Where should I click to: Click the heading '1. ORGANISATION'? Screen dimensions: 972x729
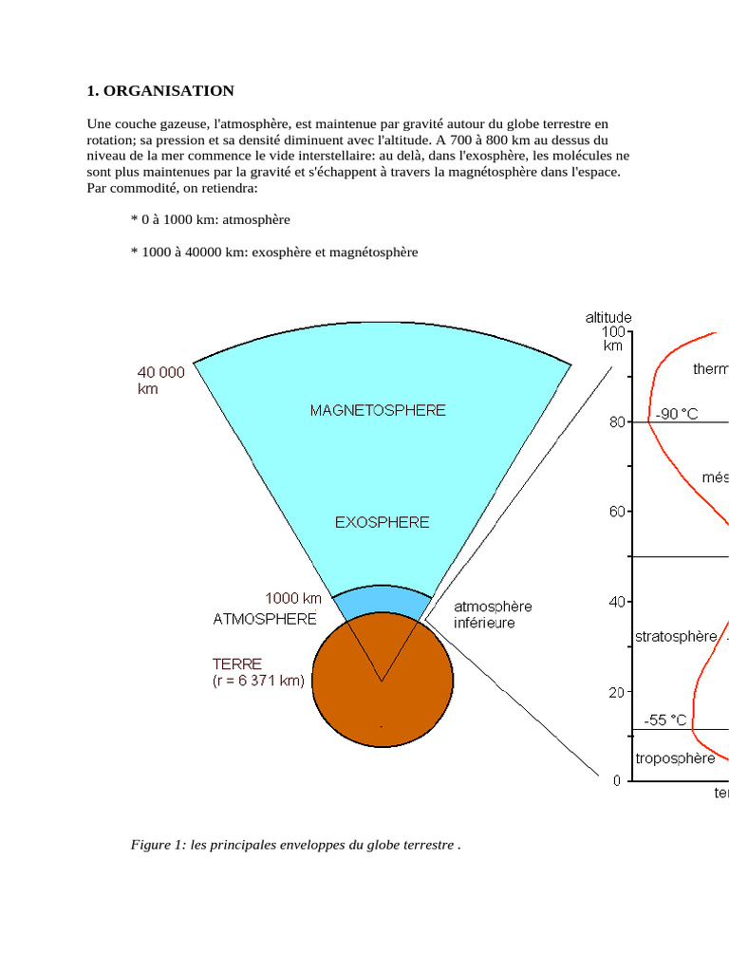(x=159, y=91)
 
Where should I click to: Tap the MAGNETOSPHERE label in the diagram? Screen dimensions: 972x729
(x=378, y=410)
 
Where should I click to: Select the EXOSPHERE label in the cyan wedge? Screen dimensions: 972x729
(x=382, y=522)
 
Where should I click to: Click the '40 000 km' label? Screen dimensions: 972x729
(x=161, y=381)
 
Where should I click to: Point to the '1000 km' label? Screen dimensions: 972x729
(x=293, y=598)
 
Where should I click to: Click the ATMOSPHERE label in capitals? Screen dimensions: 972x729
(x=265, y=619)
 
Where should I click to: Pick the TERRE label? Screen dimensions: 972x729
(x=237, y=664)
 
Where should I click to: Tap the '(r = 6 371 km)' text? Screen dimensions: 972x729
(x=259, y=681)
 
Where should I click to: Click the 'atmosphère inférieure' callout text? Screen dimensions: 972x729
(x=492, y=614)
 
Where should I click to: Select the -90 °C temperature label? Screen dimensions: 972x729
(x=677, y=414)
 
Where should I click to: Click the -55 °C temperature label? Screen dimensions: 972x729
(x=664, y=720)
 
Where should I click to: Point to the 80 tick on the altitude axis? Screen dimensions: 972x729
(x=616, y=421)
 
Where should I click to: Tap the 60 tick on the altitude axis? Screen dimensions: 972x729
(x=616, y=512)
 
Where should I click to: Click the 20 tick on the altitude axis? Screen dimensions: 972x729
(x=616, y=692)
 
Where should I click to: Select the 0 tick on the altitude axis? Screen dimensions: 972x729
(x=617, y=780)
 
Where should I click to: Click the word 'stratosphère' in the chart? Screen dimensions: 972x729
(x=675, y=636)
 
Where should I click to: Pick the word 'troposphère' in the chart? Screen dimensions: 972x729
(x=675, y=758)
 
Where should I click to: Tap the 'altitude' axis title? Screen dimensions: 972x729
(x=608, y=318)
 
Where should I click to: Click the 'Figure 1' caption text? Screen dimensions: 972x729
(x=295, y=845)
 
